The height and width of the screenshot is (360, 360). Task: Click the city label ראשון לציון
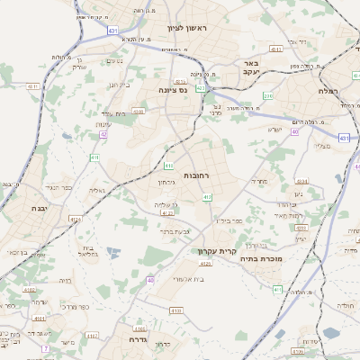coord(187,29)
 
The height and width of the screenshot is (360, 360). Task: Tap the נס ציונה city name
coord(171,90)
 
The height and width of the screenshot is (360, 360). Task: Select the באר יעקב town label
coord(251,68)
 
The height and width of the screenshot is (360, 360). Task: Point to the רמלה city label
coord(327,91)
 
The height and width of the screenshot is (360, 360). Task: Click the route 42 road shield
coord(104,134)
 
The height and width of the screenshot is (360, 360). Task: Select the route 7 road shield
coord(44,347)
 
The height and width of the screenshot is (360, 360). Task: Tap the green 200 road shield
coord(267,94)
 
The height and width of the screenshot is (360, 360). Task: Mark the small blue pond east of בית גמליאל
coord(112,252)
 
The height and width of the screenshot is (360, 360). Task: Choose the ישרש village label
coord(275,130)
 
